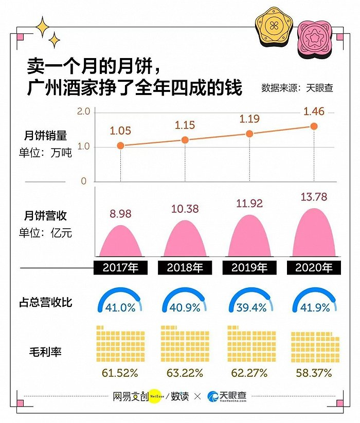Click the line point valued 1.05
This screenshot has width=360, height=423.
click(x=120, y=146)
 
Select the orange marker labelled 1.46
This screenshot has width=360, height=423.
click(x=314, y=126)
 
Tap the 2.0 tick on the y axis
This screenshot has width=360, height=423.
click(x=84, y=112)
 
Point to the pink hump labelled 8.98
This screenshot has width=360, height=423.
click(x=120, y=242)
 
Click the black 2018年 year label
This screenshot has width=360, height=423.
click(x=185, y=267)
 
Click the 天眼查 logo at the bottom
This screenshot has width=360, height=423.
click(x=227, y=396)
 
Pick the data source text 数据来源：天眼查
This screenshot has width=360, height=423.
click(x=297, y=88)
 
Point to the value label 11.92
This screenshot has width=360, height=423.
click(x=249, y=204)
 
